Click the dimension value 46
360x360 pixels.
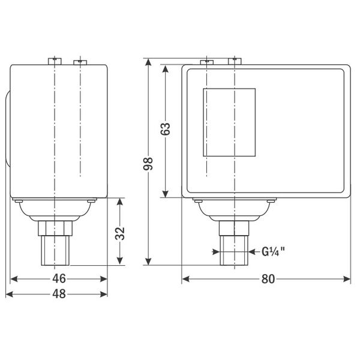[x=59, y=279]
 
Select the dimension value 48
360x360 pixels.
[x=59, y=294]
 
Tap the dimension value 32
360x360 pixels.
[x=120, y=233]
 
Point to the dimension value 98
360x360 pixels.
[x=148, y=164]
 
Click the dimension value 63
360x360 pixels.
[x=166, y=129]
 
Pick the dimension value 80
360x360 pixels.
[x=268, y=279]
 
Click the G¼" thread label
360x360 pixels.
[x=273, y=251]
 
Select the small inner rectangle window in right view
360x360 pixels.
[x=229, y=122]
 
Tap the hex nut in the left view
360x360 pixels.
[x=55, y=228]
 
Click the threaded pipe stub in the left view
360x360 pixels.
[x=55, y=250]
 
